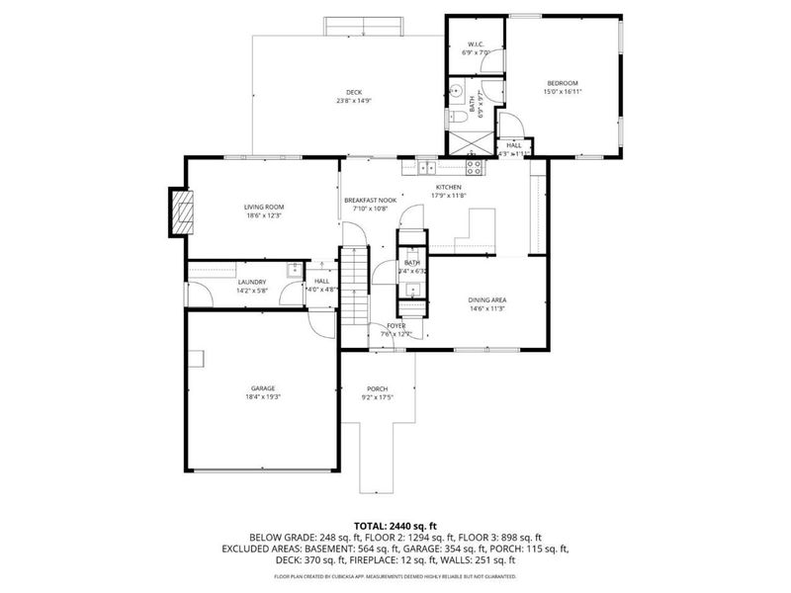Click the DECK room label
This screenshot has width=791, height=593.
354,92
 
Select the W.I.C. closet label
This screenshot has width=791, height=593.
475,44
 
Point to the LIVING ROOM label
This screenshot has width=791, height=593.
264,207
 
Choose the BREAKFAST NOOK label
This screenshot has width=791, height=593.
371,201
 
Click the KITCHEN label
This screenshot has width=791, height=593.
450,187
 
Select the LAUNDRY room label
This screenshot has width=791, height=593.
250,282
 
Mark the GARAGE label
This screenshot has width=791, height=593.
262,388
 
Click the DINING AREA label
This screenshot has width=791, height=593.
487,299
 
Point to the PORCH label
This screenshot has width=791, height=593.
377,388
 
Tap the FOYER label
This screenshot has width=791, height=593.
395,325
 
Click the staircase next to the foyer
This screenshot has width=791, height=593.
355,287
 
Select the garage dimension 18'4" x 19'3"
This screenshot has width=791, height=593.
262,396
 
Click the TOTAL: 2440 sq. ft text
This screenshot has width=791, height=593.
395,525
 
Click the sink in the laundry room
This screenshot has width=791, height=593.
294,269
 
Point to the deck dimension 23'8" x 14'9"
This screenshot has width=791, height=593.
354,100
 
